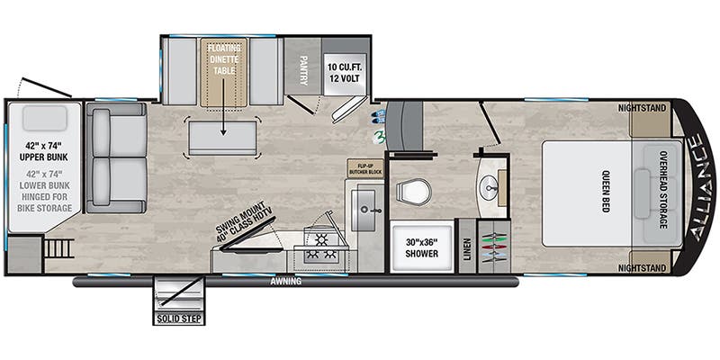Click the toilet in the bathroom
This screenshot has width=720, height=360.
pyautogui.click(x=413, y=191)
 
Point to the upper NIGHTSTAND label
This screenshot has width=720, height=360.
pyautogui.click(x=643, y=108)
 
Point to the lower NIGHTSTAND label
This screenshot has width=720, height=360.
pyautogui.click(x=643, y=268)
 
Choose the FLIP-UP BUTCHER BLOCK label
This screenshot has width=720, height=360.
pyautogui.click(x=366, y=168)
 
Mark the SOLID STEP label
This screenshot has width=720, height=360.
pyautogui.click(x=178, y=318)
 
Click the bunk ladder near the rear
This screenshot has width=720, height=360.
pyautogui.click(x=58, y=247)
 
